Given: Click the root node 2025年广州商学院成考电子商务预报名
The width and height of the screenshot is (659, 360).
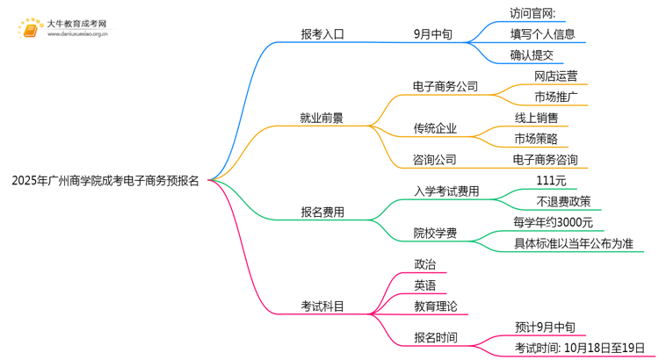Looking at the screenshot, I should point(105,182).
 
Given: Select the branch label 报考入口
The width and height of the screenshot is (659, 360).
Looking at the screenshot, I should point(322,35).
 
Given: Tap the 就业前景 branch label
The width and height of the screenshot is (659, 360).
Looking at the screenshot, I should point(322,117).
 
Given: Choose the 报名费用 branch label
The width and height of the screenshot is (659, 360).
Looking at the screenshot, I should point(322,212).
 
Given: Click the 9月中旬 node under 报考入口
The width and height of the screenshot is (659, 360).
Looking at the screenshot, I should point(434,35).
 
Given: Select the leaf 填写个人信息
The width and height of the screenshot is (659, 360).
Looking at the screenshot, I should point(543,35).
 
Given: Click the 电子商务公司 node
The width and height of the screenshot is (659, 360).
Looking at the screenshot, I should point(445,86).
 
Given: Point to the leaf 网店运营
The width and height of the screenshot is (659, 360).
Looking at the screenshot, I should point(555,76).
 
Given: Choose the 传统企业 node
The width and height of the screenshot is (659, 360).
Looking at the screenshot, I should point(435,128).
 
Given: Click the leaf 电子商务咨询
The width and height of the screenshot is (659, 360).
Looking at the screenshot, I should point(551,160).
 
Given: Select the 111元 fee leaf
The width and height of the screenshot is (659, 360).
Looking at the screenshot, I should point(551,181).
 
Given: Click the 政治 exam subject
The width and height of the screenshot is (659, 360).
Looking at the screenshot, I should point(424,264).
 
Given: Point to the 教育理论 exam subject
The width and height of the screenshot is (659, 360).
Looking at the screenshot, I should point(435,306).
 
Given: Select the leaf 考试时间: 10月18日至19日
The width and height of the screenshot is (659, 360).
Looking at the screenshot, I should point(580,349).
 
